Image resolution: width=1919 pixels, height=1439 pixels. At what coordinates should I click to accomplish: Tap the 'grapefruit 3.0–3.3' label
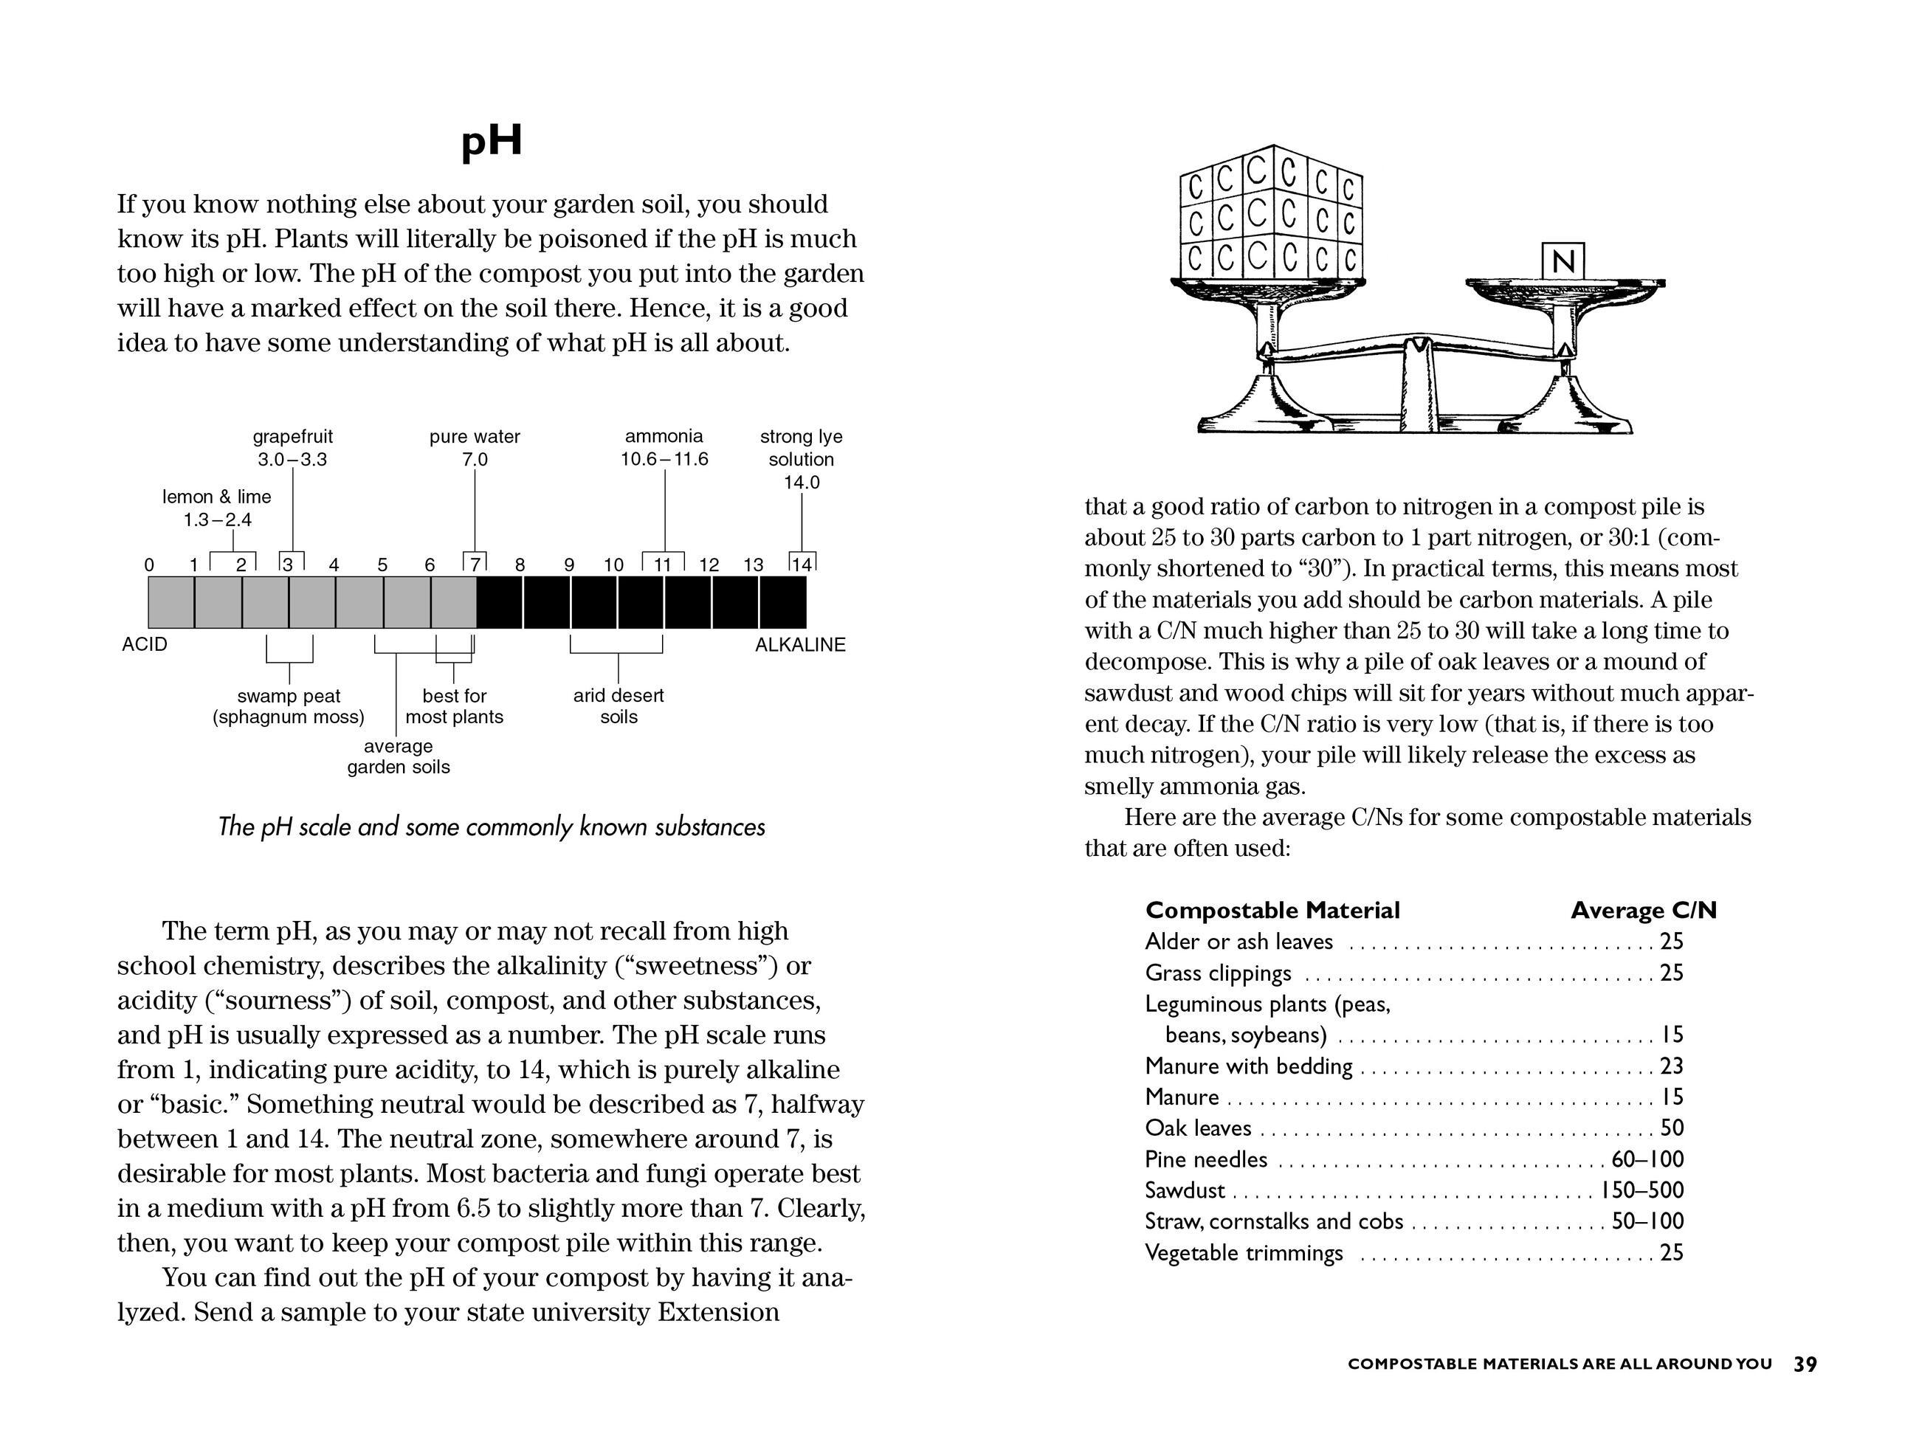tap(292, 448)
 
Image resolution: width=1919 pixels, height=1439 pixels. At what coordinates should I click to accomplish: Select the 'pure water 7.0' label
tap(475, 448)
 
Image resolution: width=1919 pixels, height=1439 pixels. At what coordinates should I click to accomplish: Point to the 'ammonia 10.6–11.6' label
tap(664, 448)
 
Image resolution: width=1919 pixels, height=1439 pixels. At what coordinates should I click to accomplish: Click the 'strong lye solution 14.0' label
tap(801, 459)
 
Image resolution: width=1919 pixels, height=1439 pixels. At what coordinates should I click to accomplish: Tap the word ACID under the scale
tap(145, 644)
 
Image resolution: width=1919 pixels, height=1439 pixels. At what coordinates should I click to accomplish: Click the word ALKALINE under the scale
tap(800, 644)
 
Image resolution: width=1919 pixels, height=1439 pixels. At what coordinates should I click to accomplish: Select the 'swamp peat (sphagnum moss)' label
tap(289, 706)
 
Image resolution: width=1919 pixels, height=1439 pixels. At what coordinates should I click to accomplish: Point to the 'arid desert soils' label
tap(619, 706)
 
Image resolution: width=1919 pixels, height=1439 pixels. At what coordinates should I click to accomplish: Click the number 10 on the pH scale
tap(613, 565)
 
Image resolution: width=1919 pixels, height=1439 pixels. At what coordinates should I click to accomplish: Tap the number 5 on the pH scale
tap(382, 565)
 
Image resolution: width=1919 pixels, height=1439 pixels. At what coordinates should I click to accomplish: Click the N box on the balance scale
tap(1563, 261)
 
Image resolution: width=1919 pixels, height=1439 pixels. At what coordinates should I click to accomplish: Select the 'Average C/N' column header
tap(1643, 910)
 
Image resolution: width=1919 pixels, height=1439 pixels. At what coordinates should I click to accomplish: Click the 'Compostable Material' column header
tap(1272, 910)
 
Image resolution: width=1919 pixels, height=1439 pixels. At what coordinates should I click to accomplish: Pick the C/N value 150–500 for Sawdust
tap(1642, 1190)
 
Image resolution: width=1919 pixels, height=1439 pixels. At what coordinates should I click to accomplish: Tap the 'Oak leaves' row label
tap(1198, 1128)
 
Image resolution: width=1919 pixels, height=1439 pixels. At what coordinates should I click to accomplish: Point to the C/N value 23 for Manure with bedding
tap(1672, 1066)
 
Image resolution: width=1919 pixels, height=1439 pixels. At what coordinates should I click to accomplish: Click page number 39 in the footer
tap(1805, 1364)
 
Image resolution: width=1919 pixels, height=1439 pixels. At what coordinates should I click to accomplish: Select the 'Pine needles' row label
tap(1206, 1159)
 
